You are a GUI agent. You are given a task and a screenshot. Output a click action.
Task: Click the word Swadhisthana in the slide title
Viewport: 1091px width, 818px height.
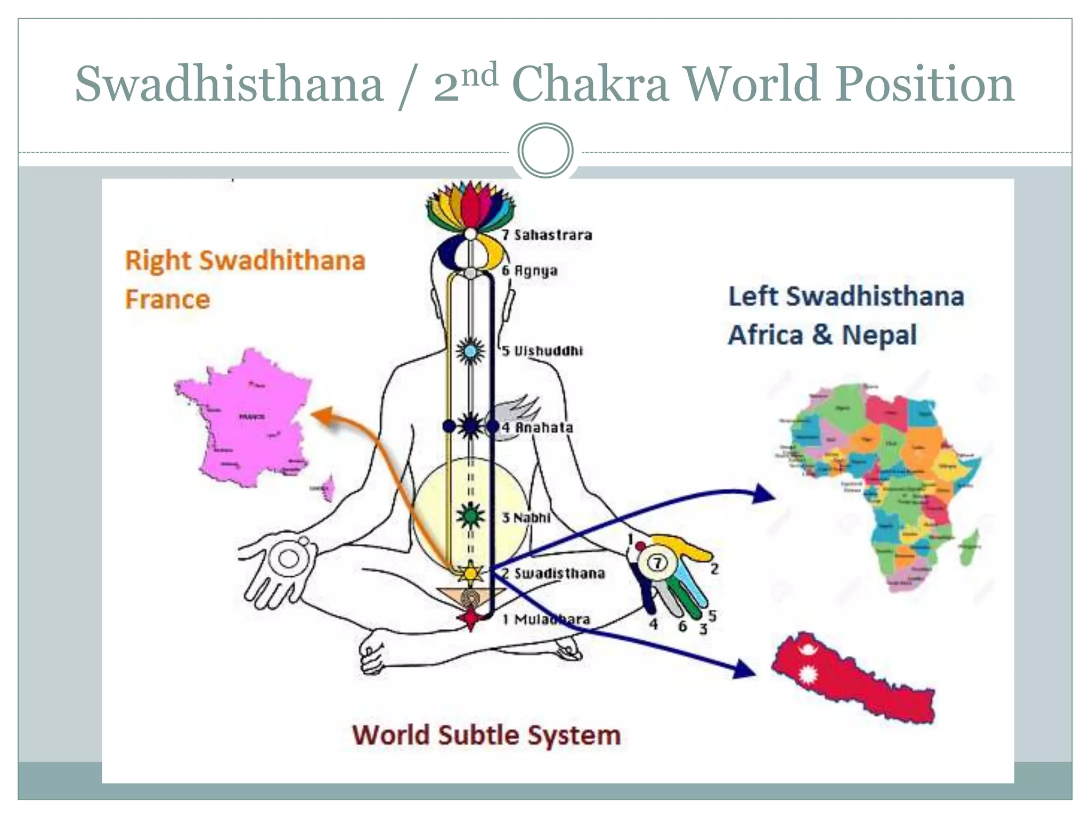(230, 84)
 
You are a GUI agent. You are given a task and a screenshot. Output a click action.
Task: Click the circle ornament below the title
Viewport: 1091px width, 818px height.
(545, 150)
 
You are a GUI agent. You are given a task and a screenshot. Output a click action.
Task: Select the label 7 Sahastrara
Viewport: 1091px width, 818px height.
(547, 235)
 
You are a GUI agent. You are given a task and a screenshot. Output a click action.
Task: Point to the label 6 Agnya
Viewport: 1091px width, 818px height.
(530, 271)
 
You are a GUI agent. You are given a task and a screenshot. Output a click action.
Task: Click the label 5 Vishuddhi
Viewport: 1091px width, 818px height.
(542, 350)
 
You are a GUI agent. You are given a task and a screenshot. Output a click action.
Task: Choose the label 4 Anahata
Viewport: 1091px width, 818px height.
(537, 427)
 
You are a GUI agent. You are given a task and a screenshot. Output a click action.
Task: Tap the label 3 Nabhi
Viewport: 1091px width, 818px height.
(526, 517)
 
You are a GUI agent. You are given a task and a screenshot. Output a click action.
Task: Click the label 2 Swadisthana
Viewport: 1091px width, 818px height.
(554, 573)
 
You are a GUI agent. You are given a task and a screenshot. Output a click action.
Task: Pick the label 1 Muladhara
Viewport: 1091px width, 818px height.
(547, 619)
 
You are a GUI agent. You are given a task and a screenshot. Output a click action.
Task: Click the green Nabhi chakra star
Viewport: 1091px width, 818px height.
(470, 516)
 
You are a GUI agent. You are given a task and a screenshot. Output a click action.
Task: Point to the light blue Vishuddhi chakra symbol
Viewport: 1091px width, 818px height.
(470, 351)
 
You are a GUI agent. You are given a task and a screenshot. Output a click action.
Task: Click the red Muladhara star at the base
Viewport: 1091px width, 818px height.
(471, 618)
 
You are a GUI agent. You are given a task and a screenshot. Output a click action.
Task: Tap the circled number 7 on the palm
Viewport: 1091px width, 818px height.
(657, 563)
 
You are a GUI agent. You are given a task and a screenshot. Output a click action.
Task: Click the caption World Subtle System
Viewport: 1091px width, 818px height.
(486, 735)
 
